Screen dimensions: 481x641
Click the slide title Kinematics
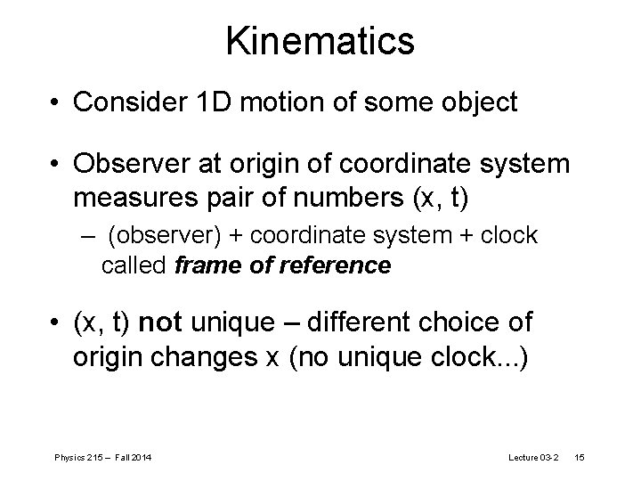(x=320, y=41)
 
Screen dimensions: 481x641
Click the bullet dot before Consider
(x=55, y=104)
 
